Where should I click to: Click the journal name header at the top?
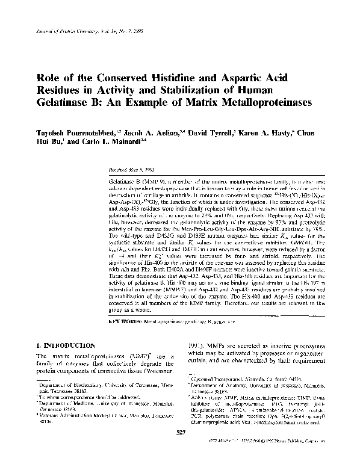click(x=84, y=29)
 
